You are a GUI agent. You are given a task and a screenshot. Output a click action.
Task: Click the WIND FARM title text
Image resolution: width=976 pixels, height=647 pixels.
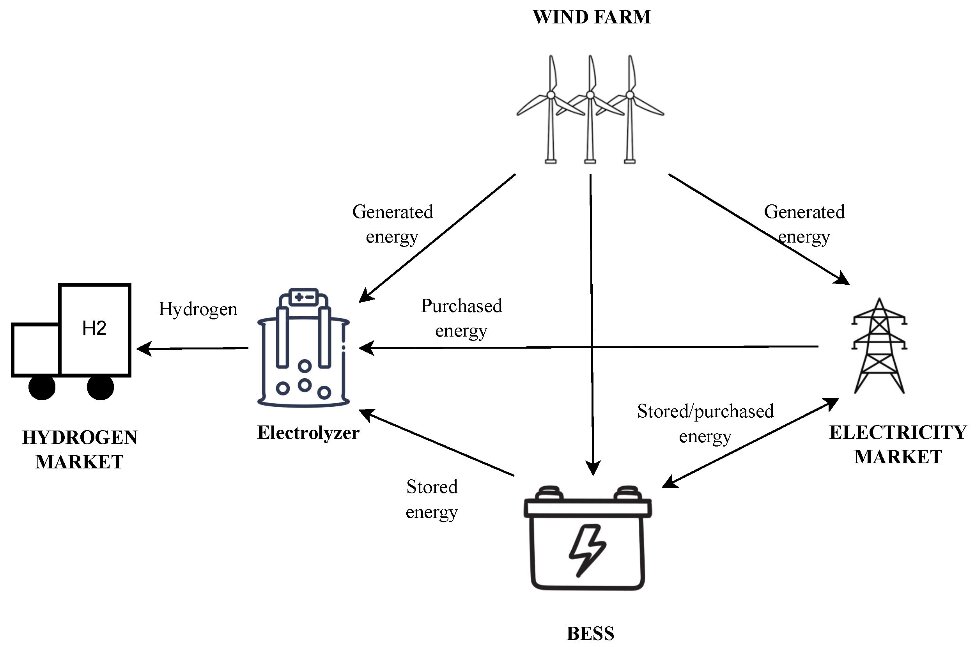click(592, 17)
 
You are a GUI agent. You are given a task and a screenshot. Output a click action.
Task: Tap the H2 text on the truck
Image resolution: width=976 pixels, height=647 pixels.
click(94, 328)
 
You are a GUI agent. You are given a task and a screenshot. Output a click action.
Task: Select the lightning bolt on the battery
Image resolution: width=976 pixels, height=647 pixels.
click(587, 550)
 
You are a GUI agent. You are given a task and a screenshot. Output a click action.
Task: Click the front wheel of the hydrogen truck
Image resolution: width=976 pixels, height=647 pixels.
click(42, 387)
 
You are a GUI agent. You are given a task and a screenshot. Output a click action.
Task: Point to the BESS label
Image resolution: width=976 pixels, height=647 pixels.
click(590, 633)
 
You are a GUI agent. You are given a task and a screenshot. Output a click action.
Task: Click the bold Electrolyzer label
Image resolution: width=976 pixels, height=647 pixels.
click(308, 433)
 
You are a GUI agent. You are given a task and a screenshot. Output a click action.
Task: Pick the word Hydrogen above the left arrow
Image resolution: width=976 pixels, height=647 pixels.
click(198, 309)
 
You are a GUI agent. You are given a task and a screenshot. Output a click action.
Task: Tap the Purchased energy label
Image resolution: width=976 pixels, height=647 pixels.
click(461, 318)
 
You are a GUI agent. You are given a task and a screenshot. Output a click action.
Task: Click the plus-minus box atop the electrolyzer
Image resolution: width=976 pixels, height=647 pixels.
click(304, 297)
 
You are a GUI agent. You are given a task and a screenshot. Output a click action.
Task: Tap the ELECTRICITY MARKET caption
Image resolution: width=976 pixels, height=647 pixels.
click(898, 445)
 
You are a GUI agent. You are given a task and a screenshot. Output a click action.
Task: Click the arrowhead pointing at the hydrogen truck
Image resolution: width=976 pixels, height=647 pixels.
click(143, 349)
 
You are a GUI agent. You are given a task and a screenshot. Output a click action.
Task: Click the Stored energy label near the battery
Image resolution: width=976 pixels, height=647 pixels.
click(432, 499)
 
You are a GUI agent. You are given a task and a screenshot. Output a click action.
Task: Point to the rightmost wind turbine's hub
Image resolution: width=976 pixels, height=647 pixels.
click(629, 95)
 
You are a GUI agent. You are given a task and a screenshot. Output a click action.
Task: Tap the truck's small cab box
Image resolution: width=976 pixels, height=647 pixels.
click(36, 349)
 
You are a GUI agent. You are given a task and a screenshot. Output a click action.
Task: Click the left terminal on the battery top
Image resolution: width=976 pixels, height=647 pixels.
click(549, 493)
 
